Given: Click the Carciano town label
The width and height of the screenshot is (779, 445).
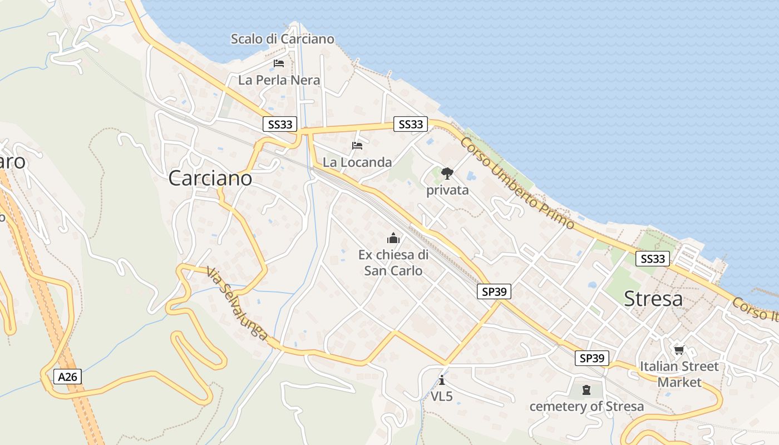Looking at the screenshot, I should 210,179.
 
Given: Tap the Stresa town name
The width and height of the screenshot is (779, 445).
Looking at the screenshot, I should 653,299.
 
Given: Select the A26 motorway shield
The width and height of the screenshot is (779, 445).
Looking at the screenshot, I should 68,377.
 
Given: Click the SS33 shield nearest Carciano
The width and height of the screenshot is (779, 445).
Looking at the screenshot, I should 280,125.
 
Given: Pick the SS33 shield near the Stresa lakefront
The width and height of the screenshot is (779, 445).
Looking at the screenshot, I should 653,259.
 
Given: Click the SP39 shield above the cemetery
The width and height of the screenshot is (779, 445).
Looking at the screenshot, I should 591,358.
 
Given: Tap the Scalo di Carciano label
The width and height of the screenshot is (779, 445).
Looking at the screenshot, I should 283,39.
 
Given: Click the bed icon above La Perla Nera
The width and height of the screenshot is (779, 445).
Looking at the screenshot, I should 279,63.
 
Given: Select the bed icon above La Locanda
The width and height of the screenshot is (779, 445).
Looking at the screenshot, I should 357,146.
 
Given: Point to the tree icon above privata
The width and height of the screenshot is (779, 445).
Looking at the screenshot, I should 447,174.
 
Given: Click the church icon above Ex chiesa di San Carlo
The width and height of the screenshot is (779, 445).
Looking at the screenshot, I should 393,239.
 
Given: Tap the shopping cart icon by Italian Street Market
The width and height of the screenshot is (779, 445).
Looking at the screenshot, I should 679,350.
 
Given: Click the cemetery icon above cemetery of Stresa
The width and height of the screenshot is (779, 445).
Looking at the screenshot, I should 586,390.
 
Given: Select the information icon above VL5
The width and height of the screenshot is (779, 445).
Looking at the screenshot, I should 442,380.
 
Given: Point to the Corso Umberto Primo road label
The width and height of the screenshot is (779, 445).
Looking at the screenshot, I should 517,182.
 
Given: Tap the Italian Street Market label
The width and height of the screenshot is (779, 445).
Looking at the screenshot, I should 679,374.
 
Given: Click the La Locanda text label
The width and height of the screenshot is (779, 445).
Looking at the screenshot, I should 357,162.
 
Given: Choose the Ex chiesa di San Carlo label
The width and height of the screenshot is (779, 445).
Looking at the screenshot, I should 393,263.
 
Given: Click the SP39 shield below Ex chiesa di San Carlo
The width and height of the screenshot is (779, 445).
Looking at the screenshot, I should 494,291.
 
